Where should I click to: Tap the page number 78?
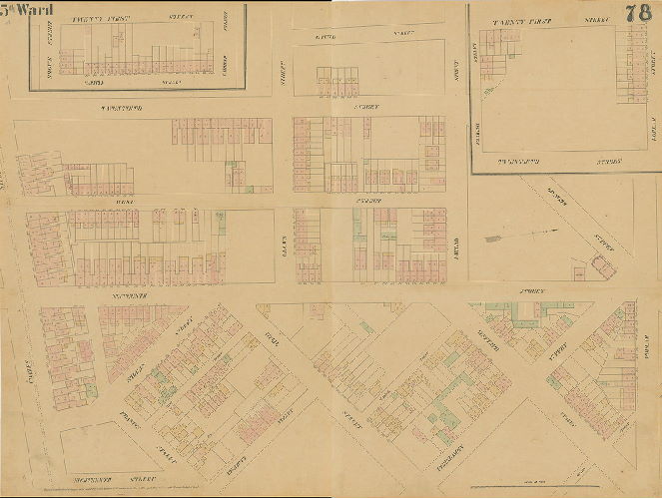pyautogui.click(x=639, y=13)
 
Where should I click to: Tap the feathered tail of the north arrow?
pyautogui.click(x=489, y=239)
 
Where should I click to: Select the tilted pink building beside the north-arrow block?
pyautogui.click(x=603, y=265)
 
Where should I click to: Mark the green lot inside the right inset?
pyautogui.click(x=488, y=92)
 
